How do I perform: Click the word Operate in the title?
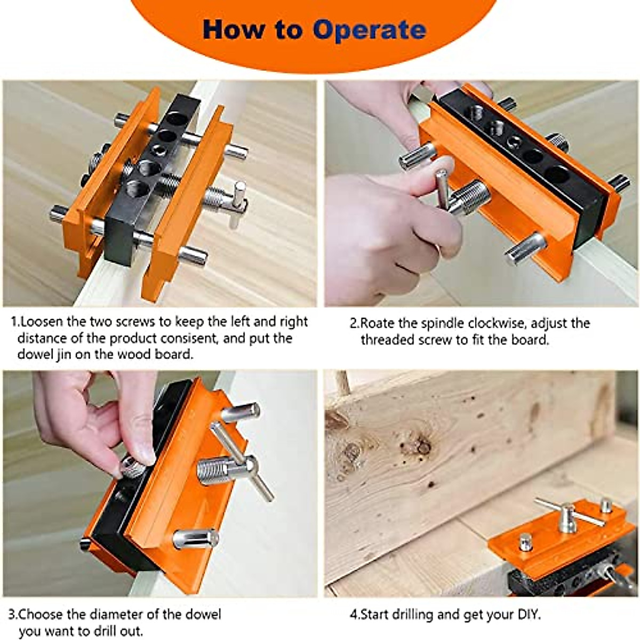point(370,30)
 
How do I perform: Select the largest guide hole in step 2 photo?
point(557,174)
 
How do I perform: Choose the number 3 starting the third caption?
point(12,614)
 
